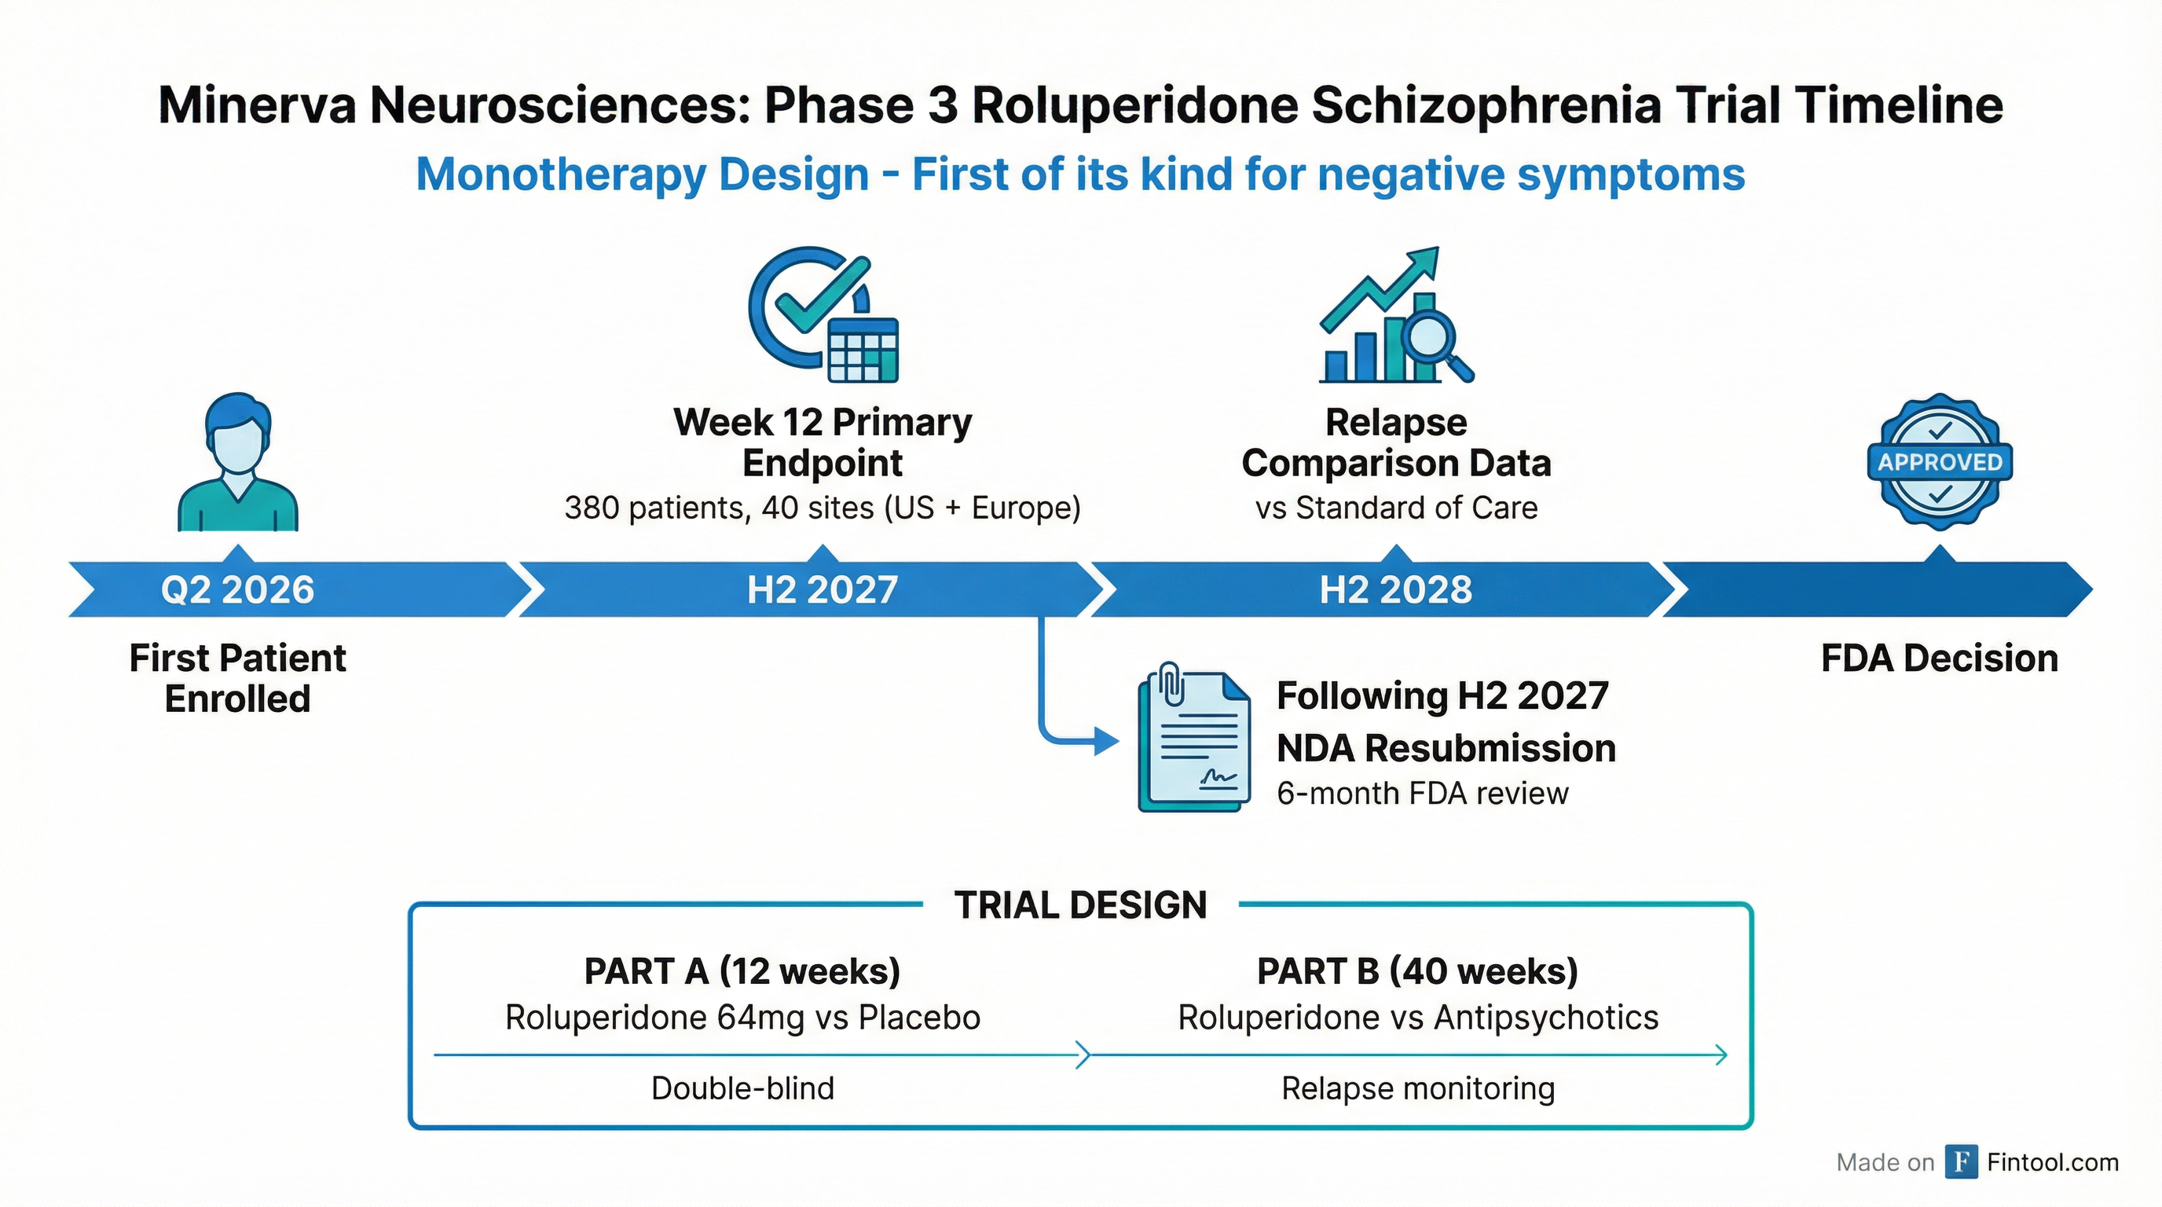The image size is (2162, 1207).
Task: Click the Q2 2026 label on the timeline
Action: pyautogui.click(x=237, y=589)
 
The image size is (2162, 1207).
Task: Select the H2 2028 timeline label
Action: pyautogui.click(x=1396, y=589)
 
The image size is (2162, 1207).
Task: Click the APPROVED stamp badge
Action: pyautogui.click(x=1940, y=461)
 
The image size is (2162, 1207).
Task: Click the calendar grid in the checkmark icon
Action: pyautogui.click(x=863, y=350)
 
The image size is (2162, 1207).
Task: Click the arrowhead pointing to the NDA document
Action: pyautogui.click(x=1107, y=741)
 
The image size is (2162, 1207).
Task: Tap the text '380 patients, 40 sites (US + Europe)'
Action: pyautogui.click(x=823, y=508)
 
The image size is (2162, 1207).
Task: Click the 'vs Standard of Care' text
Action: pyautogui.click(x=1397, y=508)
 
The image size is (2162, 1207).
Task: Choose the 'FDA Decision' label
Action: pyautogui.click(x=1940, y=658)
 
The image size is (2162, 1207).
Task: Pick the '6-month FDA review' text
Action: pyautogui.click(x=1423, y=793)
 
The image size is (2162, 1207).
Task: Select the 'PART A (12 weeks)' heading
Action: pyautogui.click(x=742, y=971)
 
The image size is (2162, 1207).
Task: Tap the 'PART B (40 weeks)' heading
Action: pyautogui.click(x=1417, y=971)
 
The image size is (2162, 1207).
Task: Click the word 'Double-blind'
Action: pyautogui.click(x=742, y=1088)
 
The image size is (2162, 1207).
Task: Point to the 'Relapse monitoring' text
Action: pyautogui.click(x=1417, y=1088)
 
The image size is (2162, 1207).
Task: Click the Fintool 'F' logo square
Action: pyautogui.click(x=1962, y=1161)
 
